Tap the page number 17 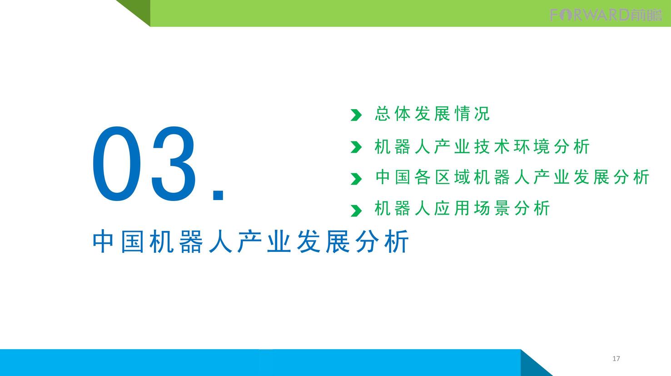[616, 359]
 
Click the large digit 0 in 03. [116, 164]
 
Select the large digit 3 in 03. [174, 164]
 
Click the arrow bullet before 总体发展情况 [356, 115]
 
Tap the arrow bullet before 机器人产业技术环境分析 [356, 147]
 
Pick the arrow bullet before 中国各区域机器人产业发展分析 [356, 179]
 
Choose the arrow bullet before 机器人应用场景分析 [356, 211]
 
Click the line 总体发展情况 [432, 114]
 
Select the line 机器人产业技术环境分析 [482, 146]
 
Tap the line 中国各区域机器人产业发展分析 [512, 177]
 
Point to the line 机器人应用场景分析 [462, 208]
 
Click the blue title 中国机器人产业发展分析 [251, 241]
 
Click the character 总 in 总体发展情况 [383, 114]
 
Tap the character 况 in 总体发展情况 [482, 114]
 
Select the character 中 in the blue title [103, 241]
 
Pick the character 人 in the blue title [220, 241]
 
